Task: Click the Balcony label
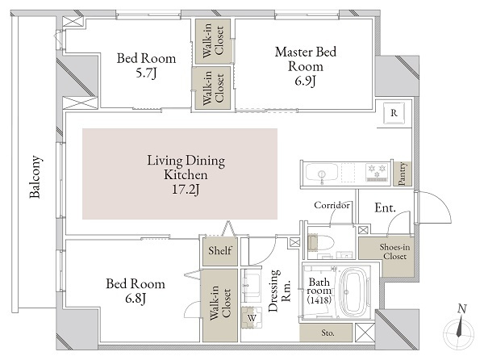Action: click(35, 177)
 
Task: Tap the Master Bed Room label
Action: click(306, 59)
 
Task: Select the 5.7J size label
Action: click(147, 73)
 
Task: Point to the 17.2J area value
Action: click(186, 190)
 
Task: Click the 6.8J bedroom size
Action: click(136, 299)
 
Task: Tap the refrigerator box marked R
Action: click(394, 113)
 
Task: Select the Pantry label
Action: click(402, 174)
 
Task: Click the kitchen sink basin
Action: click(321, 173)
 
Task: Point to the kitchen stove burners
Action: click(376, 172)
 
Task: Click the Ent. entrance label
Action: click(385, 207)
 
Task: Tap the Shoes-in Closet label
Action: click(394, 252)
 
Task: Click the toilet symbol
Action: click(321, 242)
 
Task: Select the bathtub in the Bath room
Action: click(355, 291)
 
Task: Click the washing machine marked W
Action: click(252, 317)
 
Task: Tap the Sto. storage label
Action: click(328, 333)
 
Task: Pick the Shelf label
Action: click(219, 250)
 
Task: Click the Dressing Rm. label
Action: click(279, 291)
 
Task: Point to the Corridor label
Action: click(332, 205)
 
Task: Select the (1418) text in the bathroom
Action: click(319, 299)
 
